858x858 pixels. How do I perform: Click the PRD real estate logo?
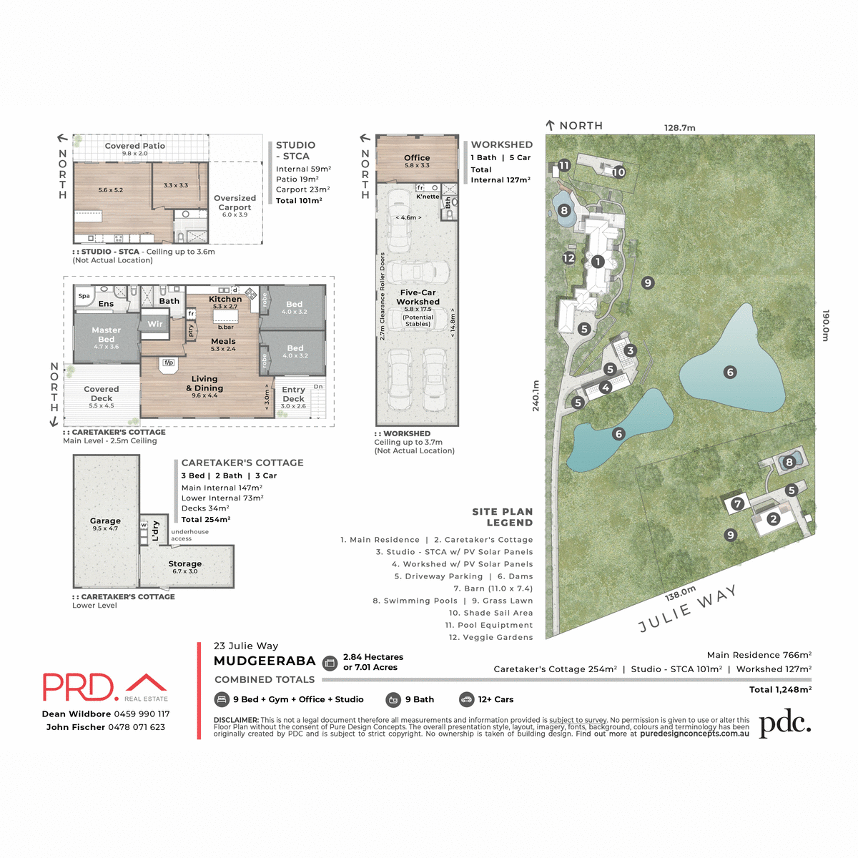tap(105, 687)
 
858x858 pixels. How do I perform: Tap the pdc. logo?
tap(784, 724)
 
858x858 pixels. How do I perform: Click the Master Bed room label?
tap(106, 335)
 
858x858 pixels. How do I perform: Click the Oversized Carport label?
tap(235, 203)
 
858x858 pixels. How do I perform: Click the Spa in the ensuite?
tap(84, 296)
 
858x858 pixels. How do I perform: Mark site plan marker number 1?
tap(598, 262)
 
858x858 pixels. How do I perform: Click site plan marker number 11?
tap(564, 166)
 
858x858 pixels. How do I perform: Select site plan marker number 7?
tap(738, 504)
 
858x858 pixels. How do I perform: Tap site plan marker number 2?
tap(773, 519)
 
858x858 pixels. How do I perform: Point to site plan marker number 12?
tap(569, 258)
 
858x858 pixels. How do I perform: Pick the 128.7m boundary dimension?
tap(679, 128)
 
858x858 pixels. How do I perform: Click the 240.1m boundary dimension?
tap(536, 405)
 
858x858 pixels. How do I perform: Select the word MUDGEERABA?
tap(265, 661)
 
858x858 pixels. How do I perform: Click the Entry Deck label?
tap(293, 395)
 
